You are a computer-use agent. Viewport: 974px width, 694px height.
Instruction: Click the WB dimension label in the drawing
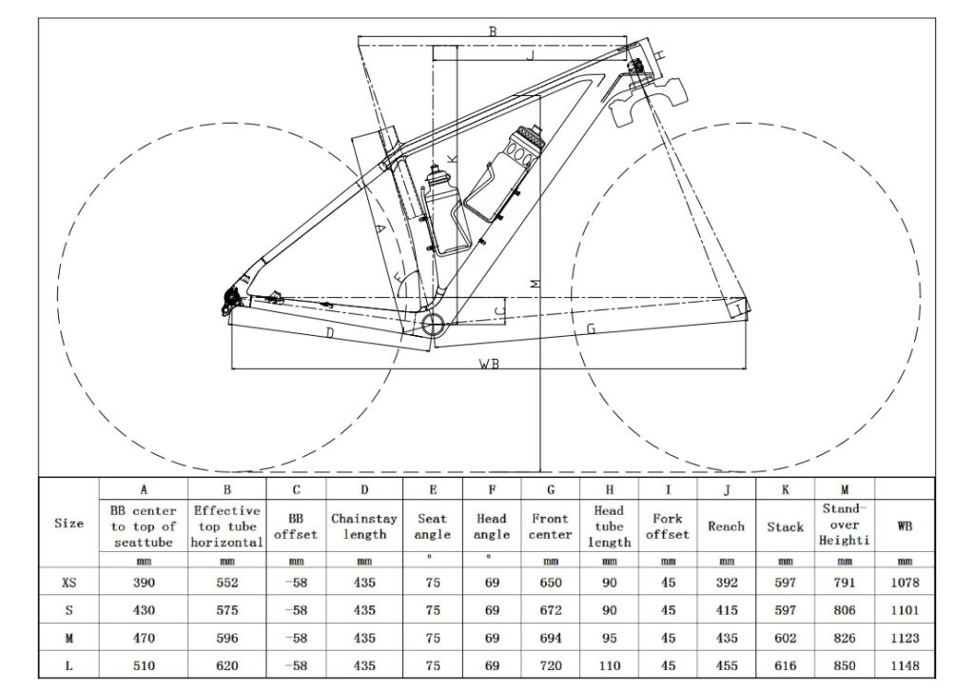(490, 363)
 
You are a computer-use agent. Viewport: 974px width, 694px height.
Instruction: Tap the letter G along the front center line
(591, 328)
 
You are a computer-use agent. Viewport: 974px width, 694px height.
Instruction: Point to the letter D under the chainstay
(329, 332)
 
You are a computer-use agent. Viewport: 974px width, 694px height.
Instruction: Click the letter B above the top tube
(493, 31)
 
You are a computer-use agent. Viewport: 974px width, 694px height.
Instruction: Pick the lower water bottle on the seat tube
(444, 211)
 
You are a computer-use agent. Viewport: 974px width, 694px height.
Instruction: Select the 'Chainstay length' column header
(364, 525)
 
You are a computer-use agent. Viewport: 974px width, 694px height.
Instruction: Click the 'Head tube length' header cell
(609, 525)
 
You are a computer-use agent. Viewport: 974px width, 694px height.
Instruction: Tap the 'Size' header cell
(68, 523)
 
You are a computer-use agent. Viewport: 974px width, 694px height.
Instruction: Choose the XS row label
(68, 582)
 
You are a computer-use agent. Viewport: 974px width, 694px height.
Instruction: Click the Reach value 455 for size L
(726, 666)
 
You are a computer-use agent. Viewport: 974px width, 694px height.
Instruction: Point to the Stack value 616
(785, 666)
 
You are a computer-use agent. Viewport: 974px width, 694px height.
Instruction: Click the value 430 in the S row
(143, 610)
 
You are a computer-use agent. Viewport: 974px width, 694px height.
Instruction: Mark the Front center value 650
(550, 582)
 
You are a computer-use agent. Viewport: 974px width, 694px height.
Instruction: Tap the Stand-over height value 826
(844, 639)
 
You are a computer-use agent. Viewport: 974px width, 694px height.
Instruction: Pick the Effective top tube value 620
(227, 666)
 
